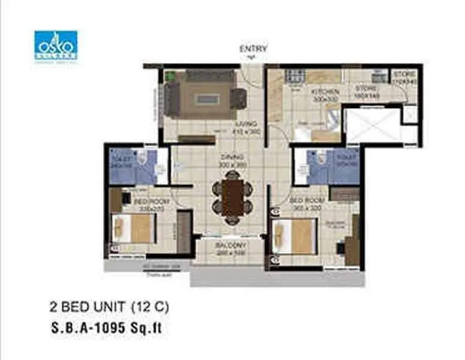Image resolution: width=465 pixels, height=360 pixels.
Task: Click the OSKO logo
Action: point(56,44)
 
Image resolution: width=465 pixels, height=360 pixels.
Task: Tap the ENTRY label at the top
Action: point(253,49)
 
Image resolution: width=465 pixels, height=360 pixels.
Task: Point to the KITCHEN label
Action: point(325,92)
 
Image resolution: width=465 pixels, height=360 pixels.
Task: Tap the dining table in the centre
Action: point(232,197)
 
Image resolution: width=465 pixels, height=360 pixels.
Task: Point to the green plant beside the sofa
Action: point(170,76)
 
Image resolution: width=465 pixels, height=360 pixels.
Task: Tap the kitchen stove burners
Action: point(295,76)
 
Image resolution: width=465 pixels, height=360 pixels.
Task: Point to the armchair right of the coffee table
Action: point(238,98)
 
